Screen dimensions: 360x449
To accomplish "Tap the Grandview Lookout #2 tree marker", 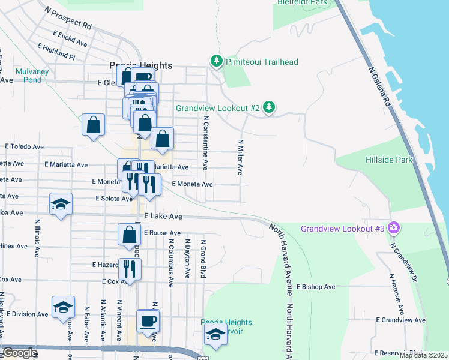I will pyautogui.click(x=270, y=107).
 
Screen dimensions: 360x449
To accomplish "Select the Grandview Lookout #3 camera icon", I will pyautogui.click(x=394, y=227).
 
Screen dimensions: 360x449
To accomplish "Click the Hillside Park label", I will pyautogui.click(x=389, y=160).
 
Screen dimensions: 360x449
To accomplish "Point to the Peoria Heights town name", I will pyautogui.click(x=140, y=66).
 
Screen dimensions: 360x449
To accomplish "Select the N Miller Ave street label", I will pyautogui.click(x=240, y=157).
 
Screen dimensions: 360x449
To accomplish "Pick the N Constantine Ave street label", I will pyautogui.click(x=205, y=143).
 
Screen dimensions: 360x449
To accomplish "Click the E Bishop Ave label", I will pyautogui.click(x=315, y=287).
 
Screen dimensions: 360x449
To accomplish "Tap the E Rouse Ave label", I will pyautogui.click(x=162, y=233).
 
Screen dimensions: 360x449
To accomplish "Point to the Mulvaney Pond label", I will pyautogui.click(x=28, y=76).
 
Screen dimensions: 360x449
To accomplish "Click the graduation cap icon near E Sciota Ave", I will pyautogui.click(x=61, y=205).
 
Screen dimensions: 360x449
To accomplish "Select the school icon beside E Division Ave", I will pyautogui.click(x=63, y=308).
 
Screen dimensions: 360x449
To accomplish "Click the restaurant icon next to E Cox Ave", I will pyautogui.click(x=129, y=269).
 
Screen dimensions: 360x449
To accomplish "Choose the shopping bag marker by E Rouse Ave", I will pyautogui.click(x=129, y=235).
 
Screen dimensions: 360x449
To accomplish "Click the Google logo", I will pyautogui.click(x=20, y=353).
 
